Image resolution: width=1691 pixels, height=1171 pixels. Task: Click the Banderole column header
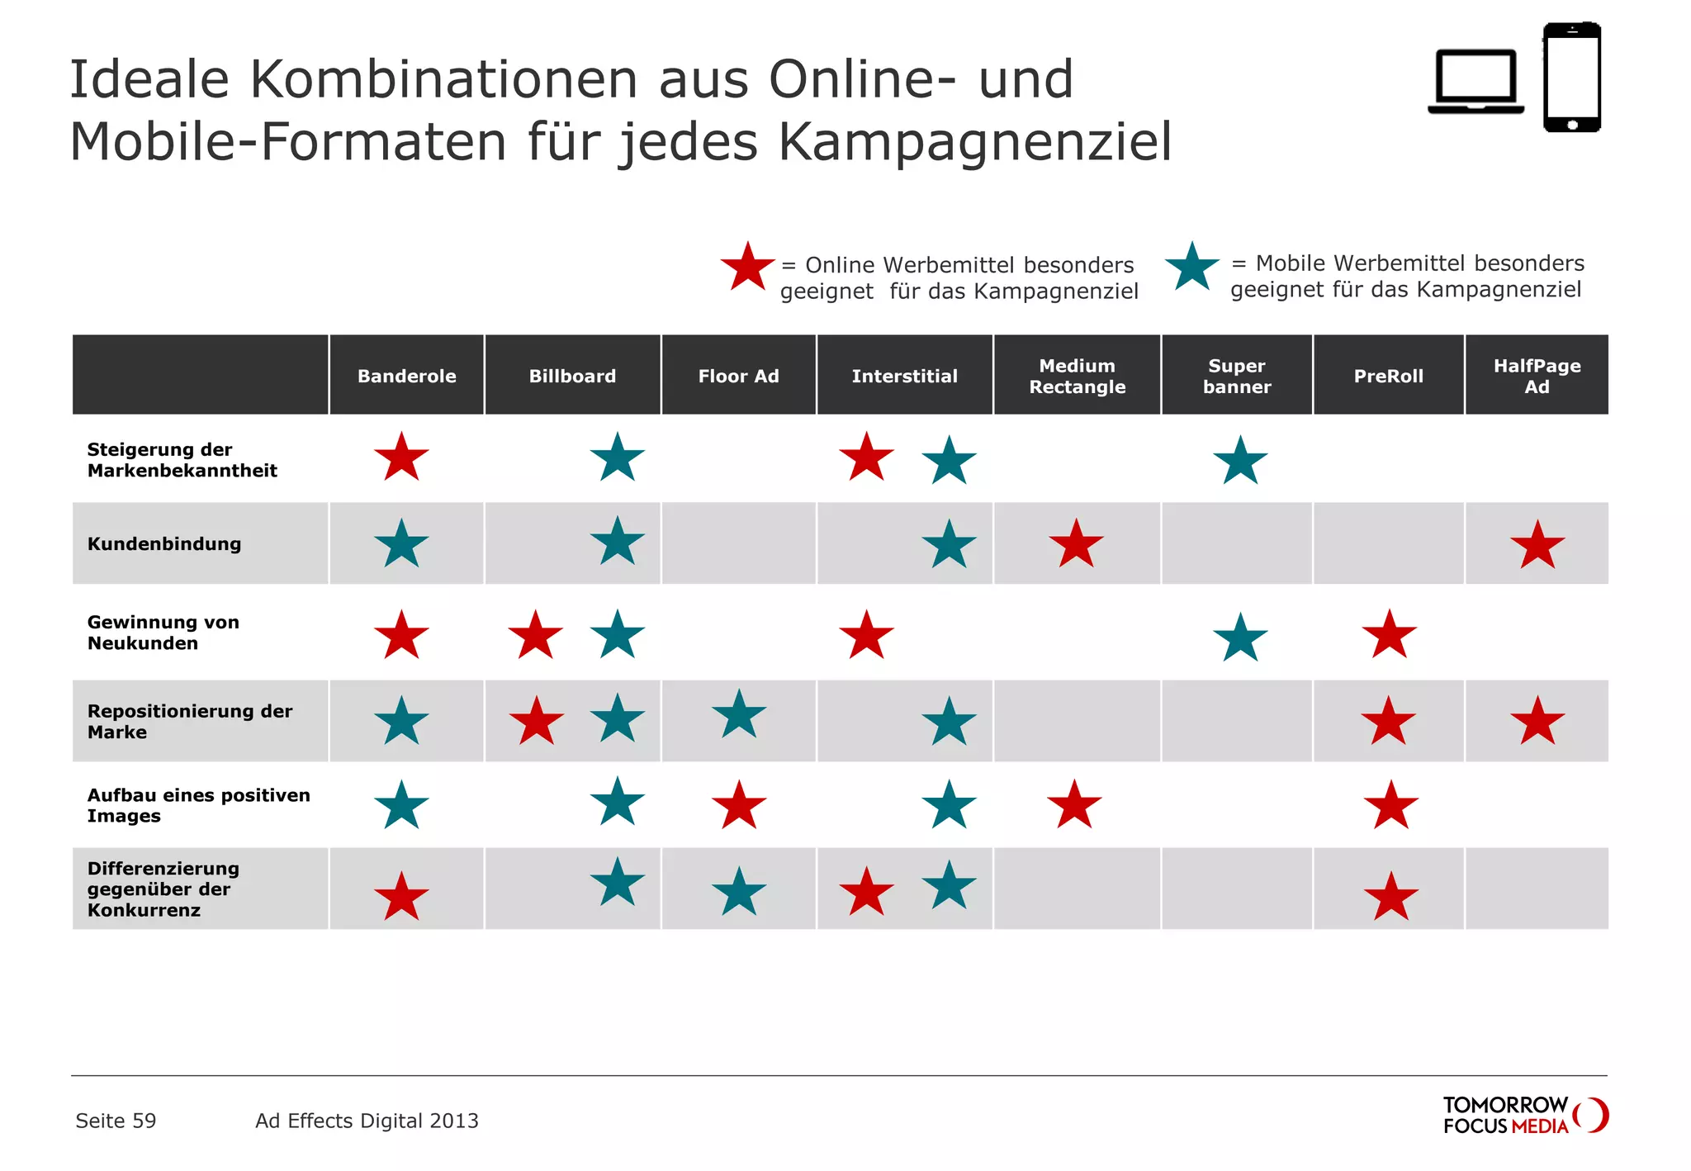click(406, 376)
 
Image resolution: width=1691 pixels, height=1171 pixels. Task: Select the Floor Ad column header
click(738, 376)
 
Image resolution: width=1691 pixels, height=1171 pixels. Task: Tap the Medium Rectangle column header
click(1077, 376)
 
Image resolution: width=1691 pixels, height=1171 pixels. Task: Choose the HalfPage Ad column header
click(1537, 376)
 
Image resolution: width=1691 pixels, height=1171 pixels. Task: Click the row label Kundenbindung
click(164, 543)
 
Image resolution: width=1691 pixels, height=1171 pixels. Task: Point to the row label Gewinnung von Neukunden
click(163, 633)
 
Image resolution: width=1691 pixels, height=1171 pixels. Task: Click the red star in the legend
click(747, 268)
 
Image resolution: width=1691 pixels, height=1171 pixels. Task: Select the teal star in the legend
click(1191, 268)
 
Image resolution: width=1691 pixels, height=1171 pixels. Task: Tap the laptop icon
click(1475, 82)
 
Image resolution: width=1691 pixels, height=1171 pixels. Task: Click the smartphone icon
click(1572, 78)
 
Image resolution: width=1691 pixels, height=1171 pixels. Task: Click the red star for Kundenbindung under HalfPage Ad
click(1537, 546)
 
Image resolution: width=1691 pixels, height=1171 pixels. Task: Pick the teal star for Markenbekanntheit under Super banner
click(1240, 461)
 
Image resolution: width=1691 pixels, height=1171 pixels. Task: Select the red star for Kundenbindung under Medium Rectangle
click(1076, 545)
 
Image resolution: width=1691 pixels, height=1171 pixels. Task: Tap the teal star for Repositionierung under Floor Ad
click(739, 714)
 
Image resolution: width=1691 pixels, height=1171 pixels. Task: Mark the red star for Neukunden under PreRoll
click(1390, 635)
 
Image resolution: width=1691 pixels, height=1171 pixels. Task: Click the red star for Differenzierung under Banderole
click(401, 897)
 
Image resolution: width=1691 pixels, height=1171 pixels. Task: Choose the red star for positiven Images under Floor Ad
click(739, 805)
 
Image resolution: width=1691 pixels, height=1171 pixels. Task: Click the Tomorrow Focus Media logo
click(1524, 1115)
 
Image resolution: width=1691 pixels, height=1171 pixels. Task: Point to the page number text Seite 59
click(116, 1121)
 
